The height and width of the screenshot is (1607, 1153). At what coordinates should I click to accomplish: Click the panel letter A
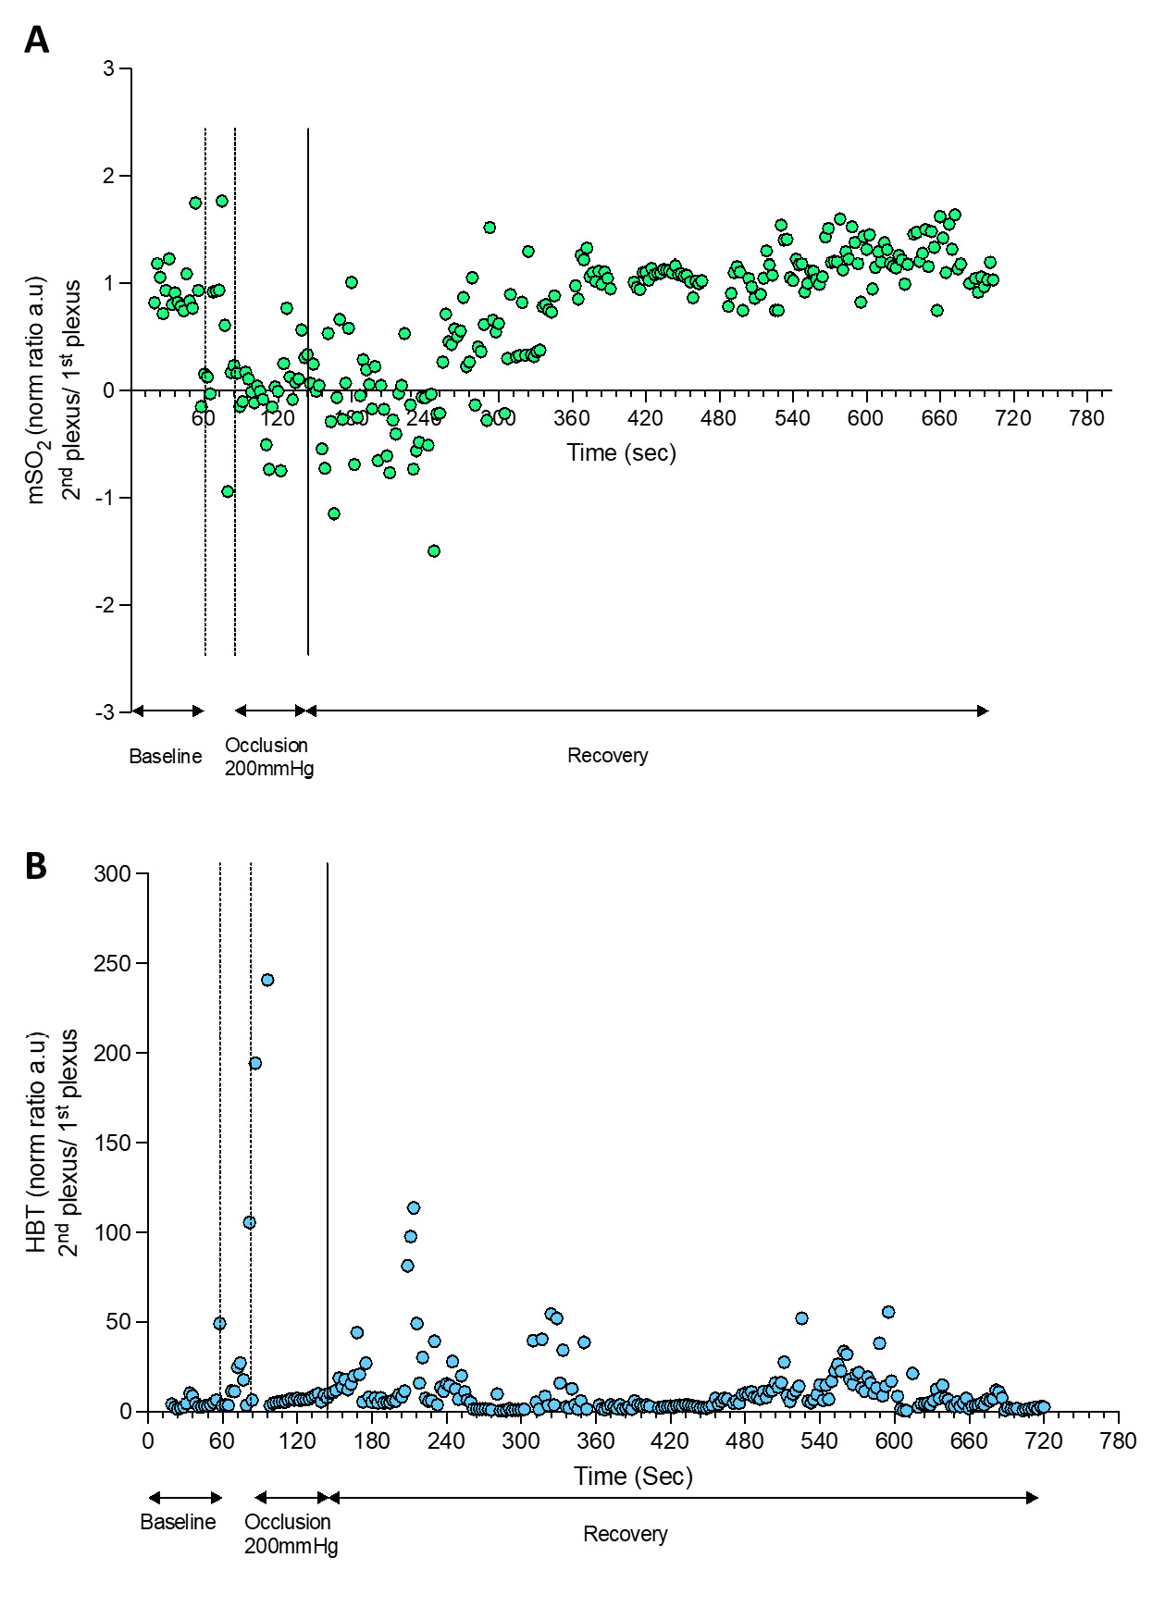point(36,40)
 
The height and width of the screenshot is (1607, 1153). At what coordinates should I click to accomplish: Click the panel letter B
point(36,866)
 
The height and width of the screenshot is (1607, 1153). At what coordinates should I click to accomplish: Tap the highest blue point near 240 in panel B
point(267,980)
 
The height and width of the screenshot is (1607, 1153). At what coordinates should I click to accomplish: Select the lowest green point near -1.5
point(434,550)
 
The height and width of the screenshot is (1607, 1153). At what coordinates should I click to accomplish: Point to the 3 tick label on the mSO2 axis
point(110,68)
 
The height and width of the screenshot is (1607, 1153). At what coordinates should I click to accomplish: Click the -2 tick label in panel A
point(106,605)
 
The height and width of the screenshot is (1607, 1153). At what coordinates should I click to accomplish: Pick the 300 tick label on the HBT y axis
point(113,873)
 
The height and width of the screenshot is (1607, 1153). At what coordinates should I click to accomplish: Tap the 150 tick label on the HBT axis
point(113,1143)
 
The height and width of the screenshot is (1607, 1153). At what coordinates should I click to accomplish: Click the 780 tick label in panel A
point(1086,418)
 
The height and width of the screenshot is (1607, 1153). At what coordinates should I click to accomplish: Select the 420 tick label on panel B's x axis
point(670,1440)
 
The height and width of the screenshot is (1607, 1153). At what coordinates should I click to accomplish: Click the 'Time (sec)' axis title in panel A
point(622,452)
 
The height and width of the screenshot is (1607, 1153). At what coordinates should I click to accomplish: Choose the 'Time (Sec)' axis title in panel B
point(633,1476)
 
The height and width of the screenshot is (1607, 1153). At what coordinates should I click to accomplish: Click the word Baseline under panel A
point(166,756)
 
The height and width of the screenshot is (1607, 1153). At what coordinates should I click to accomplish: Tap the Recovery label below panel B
point(626,1534)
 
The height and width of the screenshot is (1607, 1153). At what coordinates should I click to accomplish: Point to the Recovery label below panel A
point(608,755)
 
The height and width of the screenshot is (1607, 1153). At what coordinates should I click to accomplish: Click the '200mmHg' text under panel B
point(291,1546)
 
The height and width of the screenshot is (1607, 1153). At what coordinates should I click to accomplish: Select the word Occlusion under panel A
point(267,745)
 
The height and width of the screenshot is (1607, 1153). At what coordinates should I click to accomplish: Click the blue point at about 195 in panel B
point(255,1063)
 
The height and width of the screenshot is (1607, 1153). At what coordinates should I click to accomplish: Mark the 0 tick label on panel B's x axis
point(148,1440)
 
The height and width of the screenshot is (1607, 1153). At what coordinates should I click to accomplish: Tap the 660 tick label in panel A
point(939,418)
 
